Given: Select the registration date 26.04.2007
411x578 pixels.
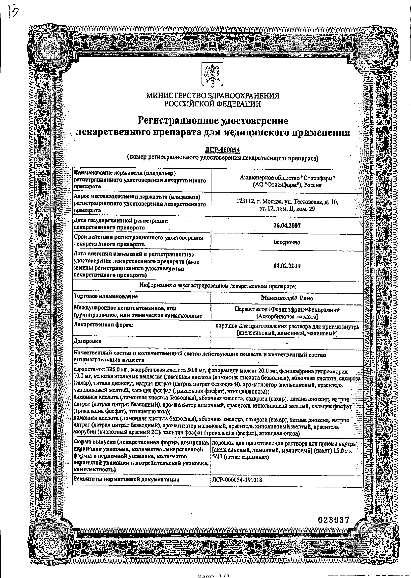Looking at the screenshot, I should coord(287,225).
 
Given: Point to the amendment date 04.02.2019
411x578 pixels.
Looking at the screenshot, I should coord(287,266).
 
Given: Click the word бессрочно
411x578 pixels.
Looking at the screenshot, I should coord(287,242).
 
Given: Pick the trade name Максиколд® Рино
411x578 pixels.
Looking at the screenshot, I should coord(287,298).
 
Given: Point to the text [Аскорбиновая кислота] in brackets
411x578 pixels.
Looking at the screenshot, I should coord(287,316).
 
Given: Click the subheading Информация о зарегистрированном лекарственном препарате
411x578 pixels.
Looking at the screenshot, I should coord(218,286).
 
